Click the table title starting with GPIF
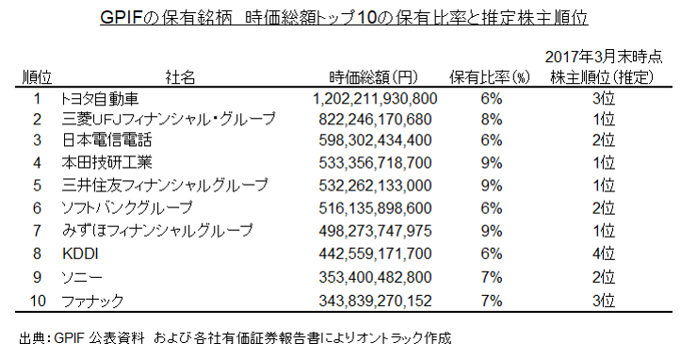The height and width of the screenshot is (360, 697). [344, 18]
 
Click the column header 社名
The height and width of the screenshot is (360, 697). [180, 77]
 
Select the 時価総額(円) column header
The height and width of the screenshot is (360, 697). [373, 77]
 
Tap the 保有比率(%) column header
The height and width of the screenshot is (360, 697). [490, 77]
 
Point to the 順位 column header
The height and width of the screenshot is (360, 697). [37, 77]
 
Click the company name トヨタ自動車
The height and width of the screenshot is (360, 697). [101, 98]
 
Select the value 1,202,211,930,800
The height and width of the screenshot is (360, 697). [375, 98]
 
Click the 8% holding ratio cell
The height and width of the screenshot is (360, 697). [491, 120]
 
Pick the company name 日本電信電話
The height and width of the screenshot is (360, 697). [106, 140]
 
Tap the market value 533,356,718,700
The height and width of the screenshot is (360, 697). [375, 162]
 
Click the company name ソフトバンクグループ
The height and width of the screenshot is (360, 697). [127, 208]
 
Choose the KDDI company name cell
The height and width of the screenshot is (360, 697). [80, 254]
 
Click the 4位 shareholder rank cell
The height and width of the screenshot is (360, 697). [604, 254]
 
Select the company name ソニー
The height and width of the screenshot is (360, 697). [82, 277]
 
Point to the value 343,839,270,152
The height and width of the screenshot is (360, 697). [375, 301]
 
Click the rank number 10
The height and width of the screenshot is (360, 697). [38, 301]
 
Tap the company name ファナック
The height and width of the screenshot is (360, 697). [92, 301]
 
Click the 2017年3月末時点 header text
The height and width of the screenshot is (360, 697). [604, 57]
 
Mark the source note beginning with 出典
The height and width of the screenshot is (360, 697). [235, 338]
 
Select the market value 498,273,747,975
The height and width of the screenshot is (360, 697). [375, 231]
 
